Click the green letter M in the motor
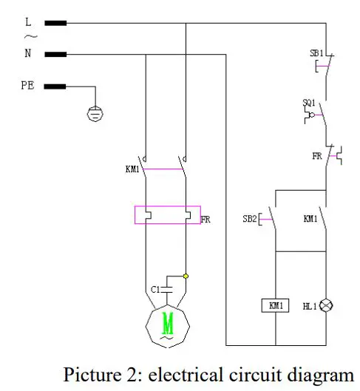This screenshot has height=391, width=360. pos(168,322)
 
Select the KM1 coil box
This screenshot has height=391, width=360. pos(275,305)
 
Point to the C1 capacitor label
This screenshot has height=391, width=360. pos(155,288)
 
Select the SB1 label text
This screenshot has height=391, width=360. pos(316,54)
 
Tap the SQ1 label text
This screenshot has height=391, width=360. pos(310,103)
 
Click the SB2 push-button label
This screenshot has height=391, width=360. pos(249,219)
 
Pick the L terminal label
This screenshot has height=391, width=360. pos(27,22)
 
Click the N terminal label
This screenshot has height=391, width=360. pos(27,53)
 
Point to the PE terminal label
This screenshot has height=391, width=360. pos(27,86)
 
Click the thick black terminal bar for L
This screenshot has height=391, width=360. pos(55,23)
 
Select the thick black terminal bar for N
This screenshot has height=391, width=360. pos(55,54)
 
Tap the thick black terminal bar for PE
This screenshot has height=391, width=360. pos(55,86)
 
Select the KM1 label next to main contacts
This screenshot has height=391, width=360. pos(134,170)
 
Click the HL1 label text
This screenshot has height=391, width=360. pos(308,305)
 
